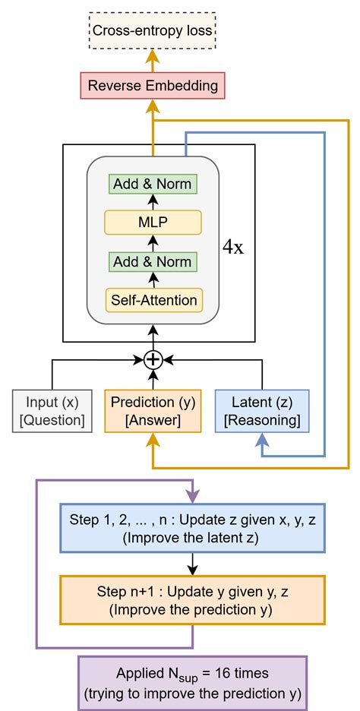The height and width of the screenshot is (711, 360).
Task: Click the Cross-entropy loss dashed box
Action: (x=153, y=32)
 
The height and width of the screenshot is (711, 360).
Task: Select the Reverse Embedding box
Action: (x=153, y=85)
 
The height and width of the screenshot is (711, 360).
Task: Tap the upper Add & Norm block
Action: (x=153, y=184)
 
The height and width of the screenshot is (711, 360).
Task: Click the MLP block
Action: (x=153, y=223)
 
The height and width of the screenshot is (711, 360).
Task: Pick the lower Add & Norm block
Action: (x=153, y=261)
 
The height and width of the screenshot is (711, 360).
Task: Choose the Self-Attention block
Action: (x=153, y=300)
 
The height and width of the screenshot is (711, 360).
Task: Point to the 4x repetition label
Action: (x=232, y=248)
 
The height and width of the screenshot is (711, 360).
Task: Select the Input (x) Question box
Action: (x=52, y=410)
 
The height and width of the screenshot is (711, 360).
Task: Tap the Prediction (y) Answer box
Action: (x=153, y=410)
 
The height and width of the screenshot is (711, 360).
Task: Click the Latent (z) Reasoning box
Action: (x=262, y=410)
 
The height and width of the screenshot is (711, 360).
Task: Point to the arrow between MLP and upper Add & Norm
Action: (x=153, y=203)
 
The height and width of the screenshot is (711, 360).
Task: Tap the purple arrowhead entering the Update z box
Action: (x=192, y=495)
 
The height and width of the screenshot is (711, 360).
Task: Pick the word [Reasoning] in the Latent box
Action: (x=262, y=419)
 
